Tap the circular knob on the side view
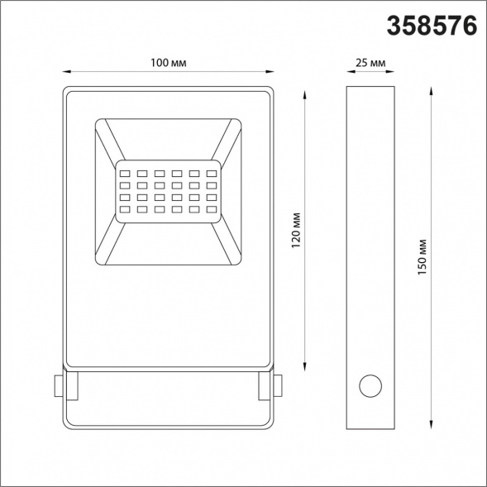coord(370,385)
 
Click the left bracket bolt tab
coord(57,386)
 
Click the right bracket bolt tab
coord(276,386)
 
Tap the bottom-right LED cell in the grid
coord(211,211)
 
